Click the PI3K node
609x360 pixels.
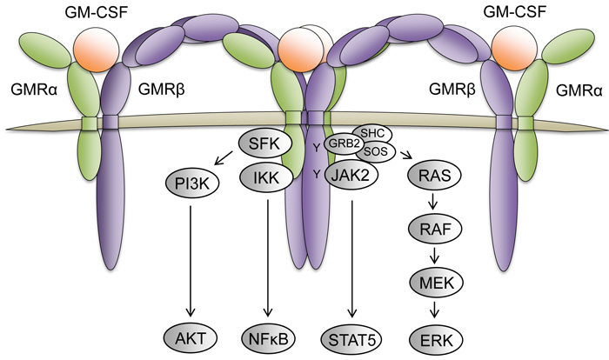tap(192, 183)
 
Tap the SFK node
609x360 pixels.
tap(260, 147)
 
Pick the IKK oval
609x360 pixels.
tap(260, 183)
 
